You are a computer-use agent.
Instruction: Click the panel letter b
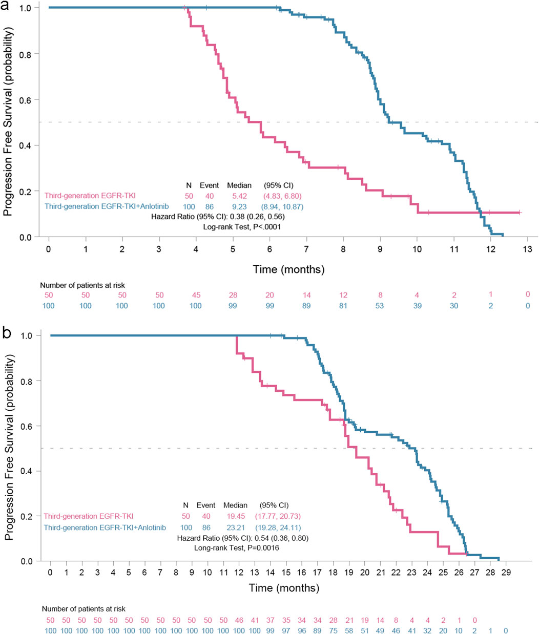(x=7, y=333)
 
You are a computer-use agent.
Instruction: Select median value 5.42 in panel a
(x=239, y=195)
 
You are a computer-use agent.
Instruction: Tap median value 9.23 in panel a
(x=239, y=206)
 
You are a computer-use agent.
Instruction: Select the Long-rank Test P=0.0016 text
(x=237, y=548)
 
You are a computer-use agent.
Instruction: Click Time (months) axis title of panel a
(x=288, y=269)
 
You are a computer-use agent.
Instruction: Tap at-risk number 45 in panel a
(x=196, y=295)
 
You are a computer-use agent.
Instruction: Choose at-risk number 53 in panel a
(x=380, y=306)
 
